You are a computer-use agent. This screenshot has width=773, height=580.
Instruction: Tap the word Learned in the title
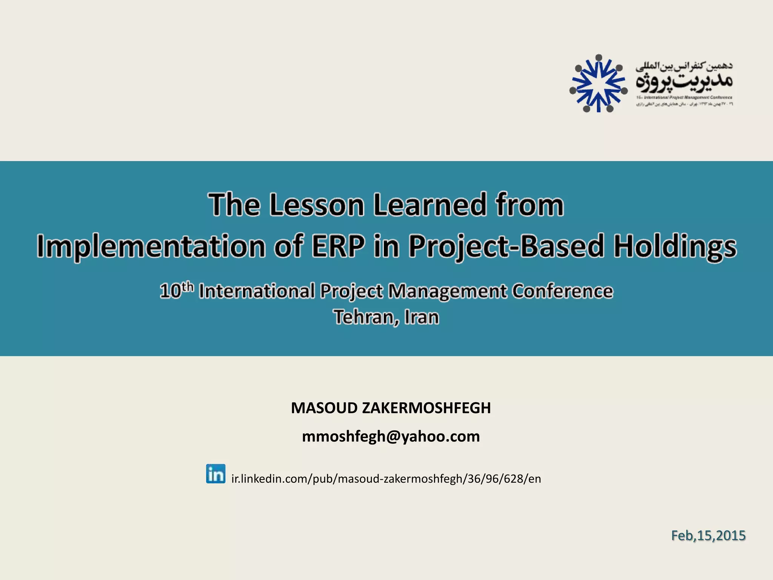[x=429, y=205]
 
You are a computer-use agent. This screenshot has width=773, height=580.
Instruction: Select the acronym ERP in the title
[x=338, y=247]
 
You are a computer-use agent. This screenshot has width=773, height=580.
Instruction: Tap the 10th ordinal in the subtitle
[x=177, y=291]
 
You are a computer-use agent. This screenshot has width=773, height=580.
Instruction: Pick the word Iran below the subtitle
[x=422, y=317]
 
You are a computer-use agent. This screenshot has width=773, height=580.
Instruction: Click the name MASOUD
[x=324, y=408]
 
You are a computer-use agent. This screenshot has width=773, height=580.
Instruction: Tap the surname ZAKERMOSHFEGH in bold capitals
[x=426, y=408]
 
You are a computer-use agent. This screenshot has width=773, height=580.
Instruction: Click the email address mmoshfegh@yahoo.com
[x=391, y=437]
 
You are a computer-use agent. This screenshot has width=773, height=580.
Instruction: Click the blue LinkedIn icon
[x=216, y=474]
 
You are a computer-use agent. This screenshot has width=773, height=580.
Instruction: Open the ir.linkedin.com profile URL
[x=386, y=479]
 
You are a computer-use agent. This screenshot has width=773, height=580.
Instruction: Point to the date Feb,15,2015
[x=708, y=536]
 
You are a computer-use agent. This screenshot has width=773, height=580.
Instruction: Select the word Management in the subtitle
[x=448, y=291]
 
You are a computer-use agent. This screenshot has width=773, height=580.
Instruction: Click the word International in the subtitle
[x=257, y=291]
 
